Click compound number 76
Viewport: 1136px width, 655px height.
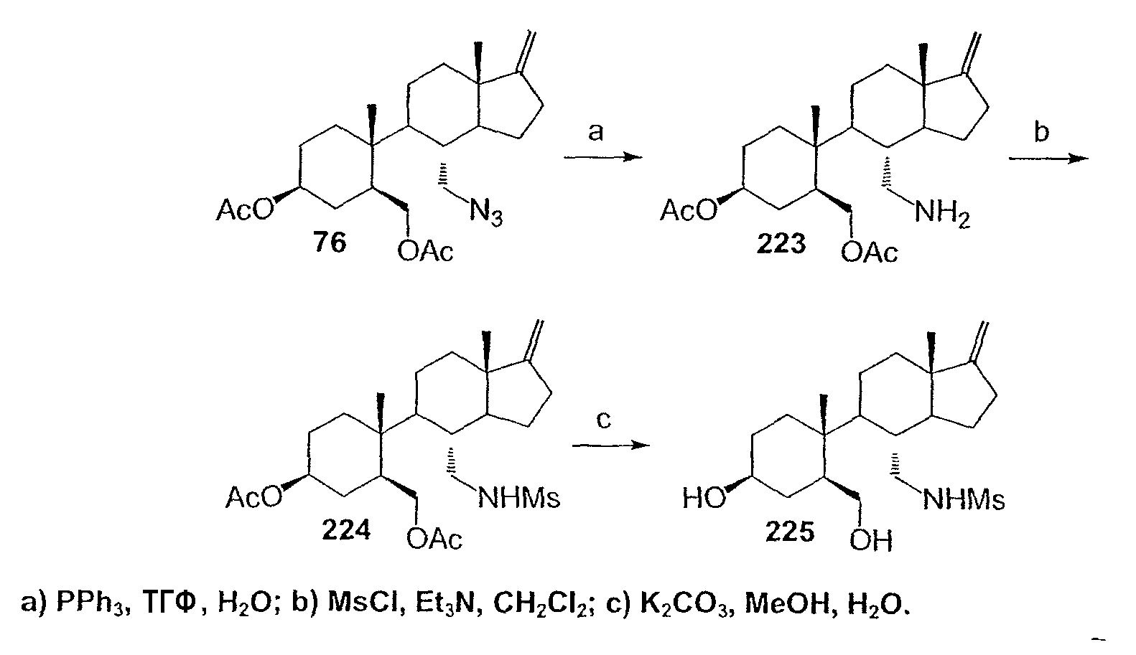[330, 242]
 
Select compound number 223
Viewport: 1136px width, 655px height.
[781, 244]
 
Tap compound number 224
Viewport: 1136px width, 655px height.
[346, 530]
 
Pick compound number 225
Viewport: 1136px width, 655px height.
[790, 532]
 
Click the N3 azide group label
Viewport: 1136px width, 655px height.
[486, 212]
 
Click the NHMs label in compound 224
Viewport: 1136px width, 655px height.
[518, 499]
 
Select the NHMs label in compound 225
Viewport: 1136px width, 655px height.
[964, 500]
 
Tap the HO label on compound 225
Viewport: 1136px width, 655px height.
[704, 499]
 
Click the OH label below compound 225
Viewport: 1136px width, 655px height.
[871, 540]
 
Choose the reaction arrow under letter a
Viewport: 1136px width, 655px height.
[603, 157]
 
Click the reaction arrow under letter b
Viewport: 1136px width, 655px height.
[1048, 159]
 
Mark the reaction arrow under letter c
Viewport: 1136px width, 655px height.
[610, 446]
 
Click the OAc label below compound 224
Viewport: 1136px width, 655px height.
[434, 539]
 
